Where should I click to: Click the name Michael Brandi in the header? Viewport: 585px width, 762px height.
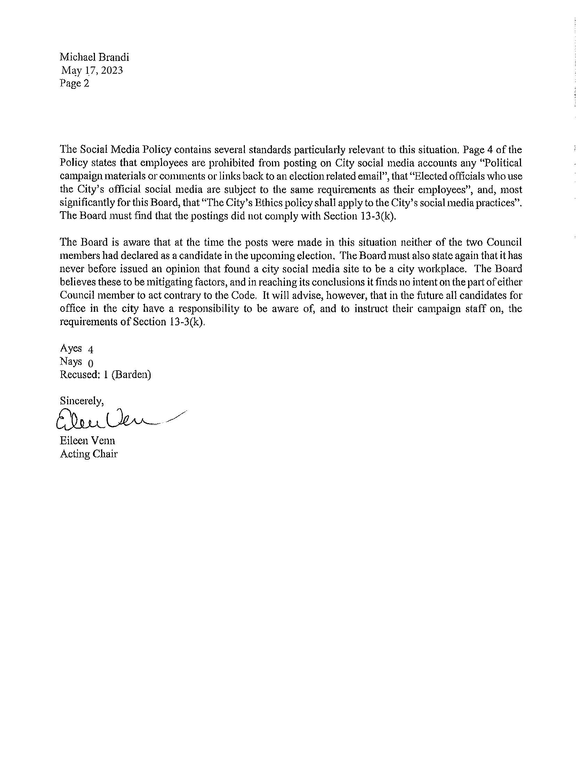point(94,57)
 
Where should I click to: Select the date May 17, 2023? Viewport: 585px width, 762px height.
point(92,70)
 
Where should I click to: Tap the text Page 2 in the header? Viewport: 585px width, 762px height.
point(74,83)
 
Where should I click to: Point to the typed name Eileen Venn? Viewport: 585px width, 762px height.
point(87,440)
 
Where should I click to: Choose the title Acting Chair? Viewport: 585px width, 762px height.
point(88,454)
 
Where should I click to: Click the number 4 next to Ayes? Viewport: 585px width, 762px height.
point(91,349)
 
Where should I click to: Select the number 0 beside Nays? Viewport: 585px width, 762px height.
point(90,364)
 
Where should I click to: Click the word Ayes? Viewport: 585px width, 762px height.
point(71,348)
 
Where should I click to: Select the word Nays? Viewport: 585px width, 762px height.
point(71,362)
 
